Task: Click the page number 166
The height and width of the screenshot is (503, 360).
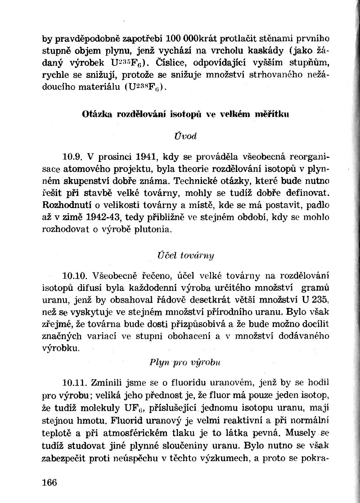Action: tap(49, 482)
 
